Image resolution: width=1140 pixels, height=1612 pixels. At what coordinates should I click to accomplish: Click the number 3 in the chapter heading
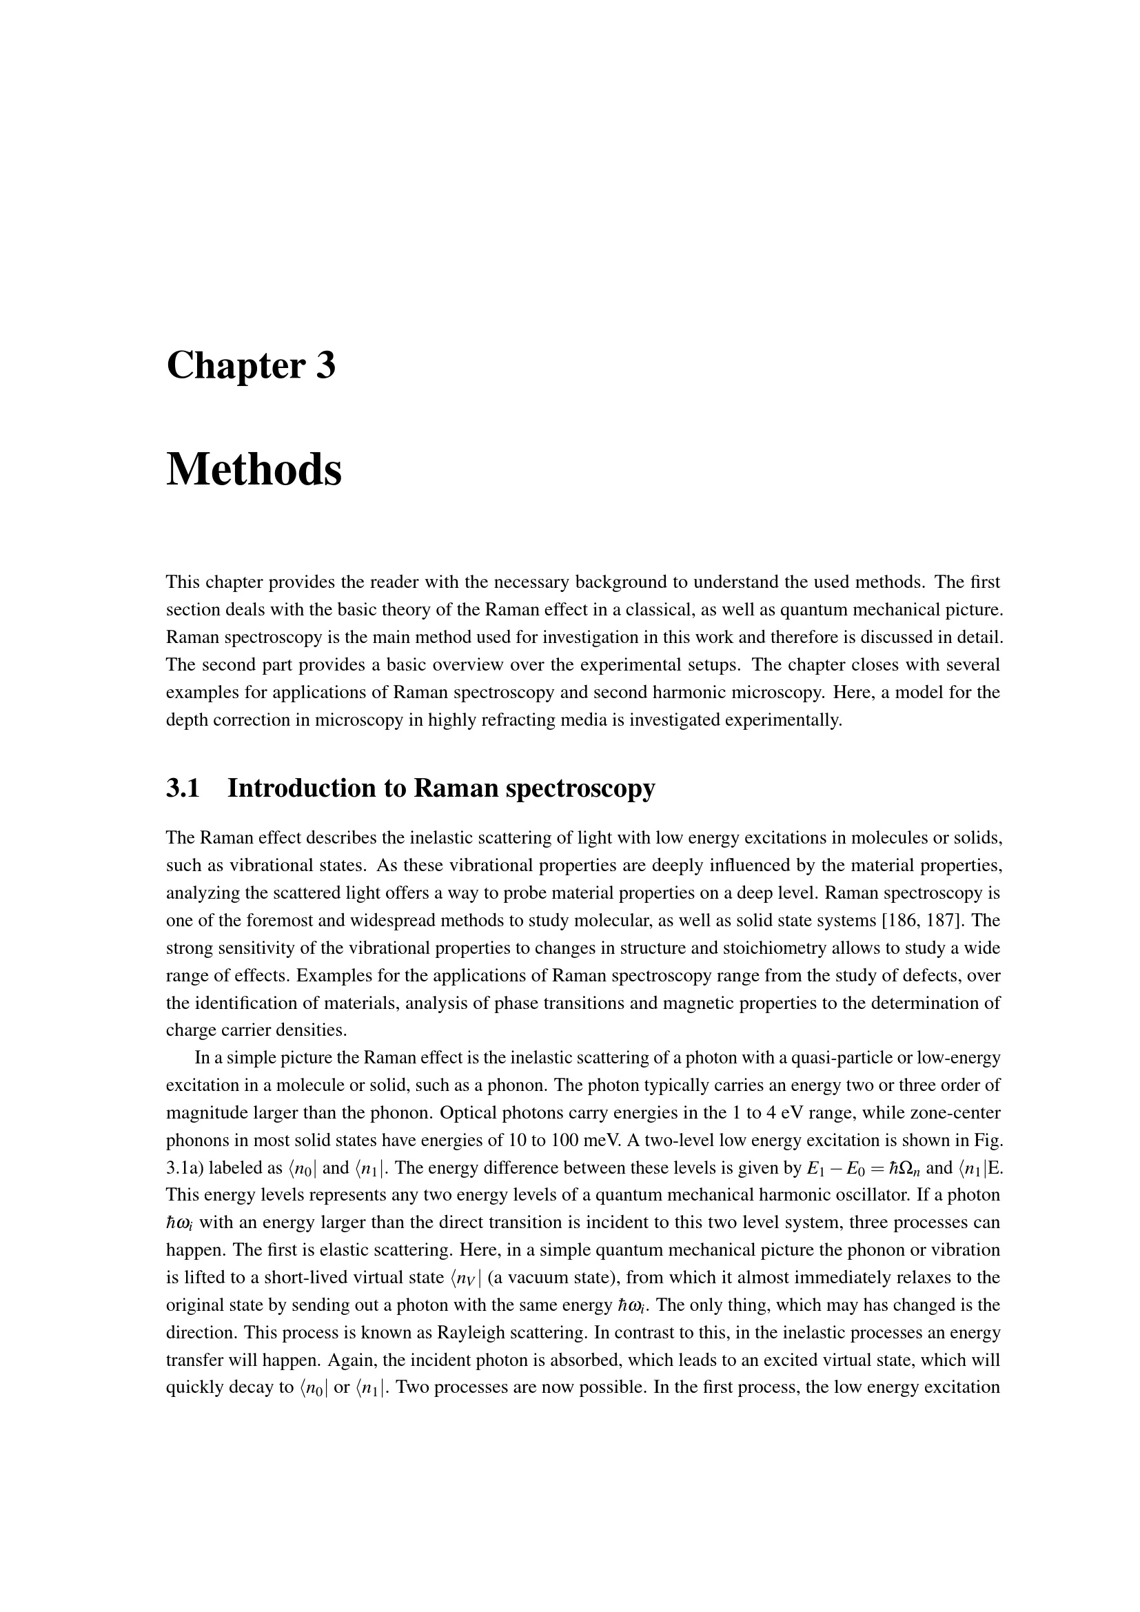click(325, 366)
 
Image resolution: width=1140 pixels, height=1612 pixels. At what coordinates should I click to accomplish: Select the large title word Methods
click(254, 470)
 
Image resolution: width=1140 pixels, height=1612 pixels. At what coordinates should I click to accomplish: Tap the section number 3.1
click(183, 788)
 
